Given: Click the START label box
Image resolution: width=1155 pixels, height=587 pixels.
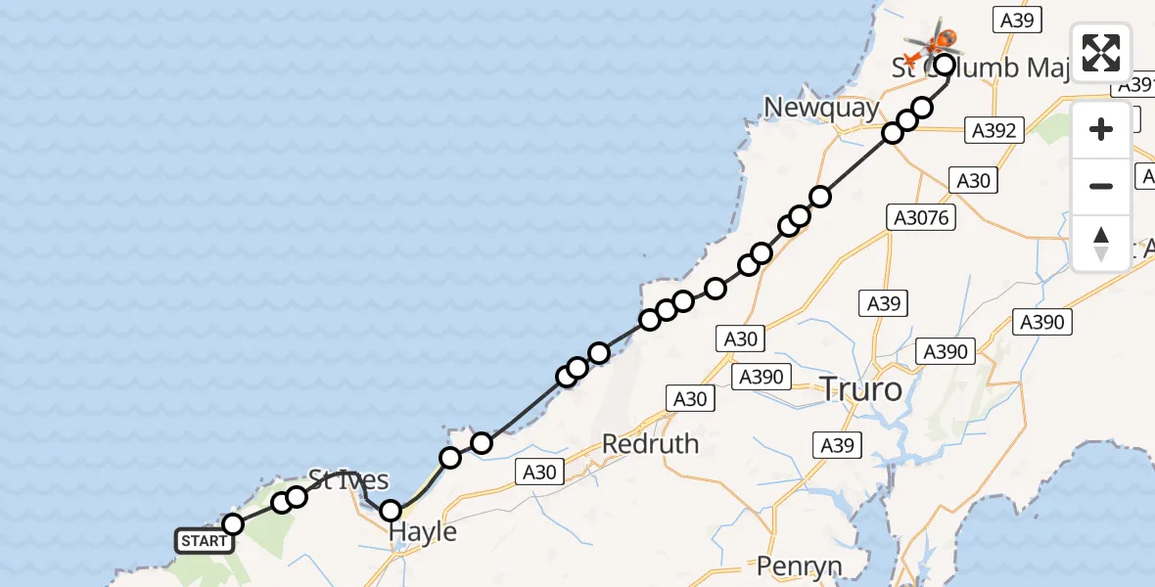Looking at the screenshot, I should [x=204, y=541].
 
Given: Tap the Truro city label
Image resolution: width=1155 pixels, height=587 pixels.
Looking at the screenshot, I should [x=860, y=389].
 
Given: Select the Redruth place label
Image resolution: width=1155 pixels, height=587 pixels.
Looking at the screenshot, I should [x=650, y=443].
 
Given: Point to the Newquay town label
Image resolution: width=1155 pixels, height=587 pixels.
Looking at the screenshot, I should [x=822, y=108].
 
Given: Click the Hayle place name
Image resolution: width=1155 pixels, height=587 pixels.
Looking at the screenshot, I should [x=423, y=531].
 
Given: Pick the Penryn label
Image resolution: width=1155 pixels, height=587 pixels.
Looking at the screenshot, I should [x=800, y=565].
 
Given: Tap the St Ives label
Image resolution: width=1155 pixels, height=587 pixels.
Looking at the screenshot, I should [x=348, y=479].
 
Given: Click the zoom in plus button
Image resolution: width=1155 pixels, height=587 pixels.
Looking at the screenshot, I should [x=1101, y=130].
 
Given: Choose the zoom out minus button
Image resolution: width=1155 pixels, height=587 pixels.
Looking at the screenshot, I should [x=1101, y=186].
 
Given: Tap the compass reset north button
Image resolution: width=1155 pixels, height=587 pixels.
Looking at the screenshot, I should [x=1101, y=242].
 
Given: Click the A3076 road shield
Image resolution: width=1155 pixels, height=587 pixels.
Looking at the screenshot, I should [x=921, y=218].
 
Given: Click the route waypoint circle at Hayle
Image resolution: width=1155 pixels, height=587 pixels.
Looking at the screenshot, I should [x=391, y=510].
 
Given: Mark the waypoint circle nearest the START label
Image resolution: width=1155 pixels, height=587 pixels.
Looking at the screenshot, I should [x=233, y=524].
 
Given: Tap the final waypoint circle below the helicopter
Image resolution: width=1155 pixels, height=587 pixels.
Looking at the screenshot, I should [x=945, y=66].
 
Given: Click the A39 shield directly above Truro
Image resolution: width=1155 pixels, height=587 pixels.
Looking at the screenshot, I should [x=883, y=303].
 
